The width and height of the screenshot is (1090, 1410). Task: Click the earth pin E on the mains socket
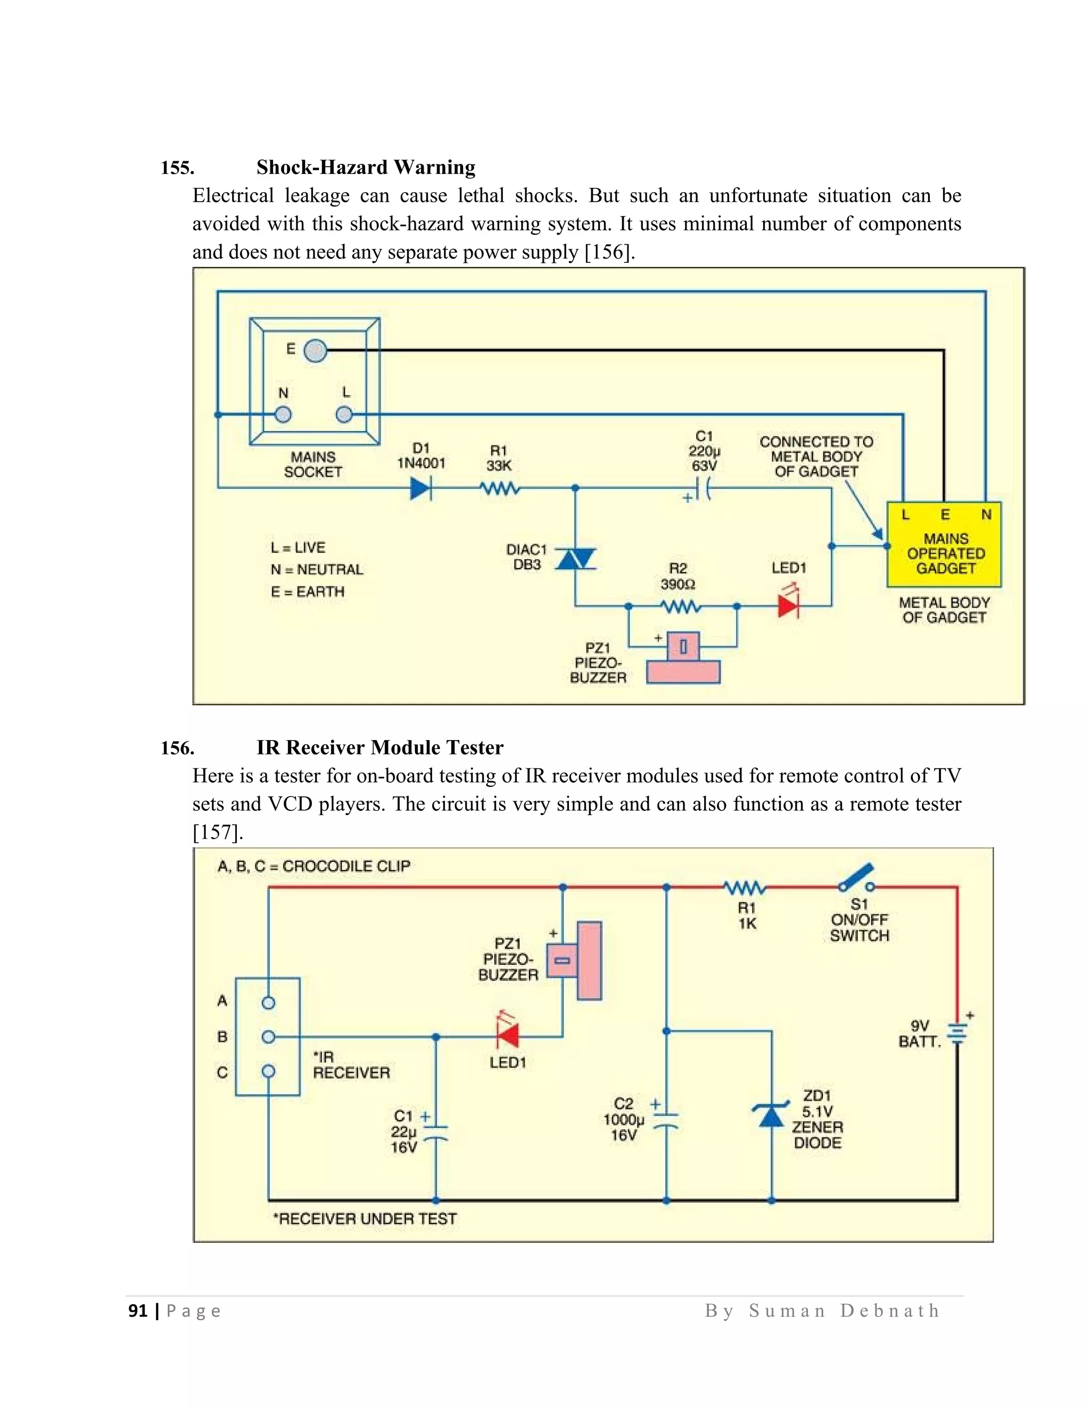315,351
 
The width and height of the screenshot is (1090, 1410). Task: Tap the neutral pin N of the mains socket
283,414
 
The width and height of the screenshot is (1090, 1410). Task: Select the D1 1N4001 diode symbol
421,490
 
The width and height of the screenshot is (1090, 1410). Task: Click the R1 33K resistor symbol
500,490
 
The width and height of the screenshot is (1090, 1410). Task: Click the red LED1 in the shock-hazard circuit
788,606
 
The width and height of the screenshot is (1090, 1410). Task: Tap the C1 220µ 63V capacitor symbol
704,489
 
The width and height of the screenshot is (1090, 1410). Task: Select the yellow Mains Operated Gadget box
944,544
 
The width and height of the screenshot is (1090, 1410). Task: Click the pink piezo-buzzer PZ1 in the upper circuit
683,660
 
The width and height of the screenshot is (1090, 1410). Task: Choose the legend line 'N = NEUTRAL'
317,569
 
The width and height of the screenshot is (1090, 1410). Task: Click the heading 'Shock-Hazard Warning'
366,167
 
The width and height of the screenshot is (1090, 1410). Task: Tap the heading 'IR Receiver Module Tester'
379,748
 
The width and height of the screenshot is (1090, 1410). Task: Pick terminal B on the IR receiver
269,1037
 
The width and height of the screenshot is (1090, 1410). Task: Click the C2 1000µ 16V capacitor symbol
666,1120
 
